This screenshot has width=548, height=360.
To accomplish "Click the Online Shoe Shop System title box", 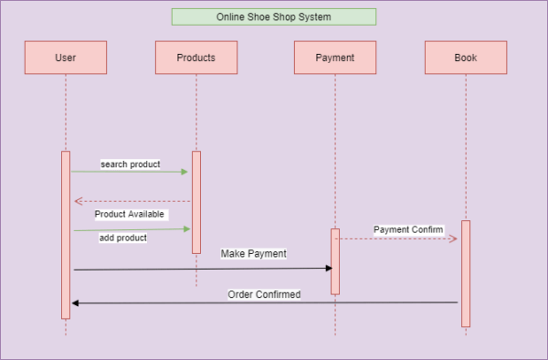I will [x=274, y=16].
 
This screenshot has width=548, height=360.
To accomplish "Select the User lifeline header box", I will [x=66, y=58].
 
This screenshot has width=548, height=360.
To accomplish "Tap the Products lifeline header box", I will [x=195, y=58].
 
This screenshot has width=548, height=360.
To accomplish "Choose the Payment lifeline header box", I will [x=334, y=58].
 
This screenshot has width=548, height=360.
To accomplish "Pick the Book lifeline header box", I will [x=465, y=58].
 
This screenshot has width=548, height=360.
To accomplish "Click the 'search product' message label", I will [x=130, y=164].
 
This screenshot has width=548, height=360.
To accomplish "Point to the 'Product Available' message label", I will [x=129, y=214].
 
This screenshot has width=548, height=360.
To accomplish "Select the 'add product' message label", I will [x=123, y=238].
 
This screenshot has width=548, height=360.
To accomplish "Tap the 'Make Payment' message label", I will [x=253, y=253].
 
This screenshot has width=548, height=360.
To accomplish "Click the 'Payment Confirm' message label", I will [x=408, y=229].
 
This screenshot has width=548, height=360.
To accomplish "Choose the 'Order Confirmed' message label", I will [x=264, y=294].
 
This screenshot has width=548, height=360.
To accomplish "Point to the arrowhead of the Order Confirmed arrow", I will [x=76, y=302].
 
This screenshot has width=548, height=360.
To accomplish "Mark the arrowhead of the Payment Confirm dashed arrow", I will [x=452, y=238].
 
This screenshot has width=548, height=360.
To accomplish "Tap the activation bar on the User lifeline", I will [x=66, y=234].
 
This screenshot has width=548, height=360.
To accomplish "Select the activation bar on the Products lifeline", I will [x=195, y=202].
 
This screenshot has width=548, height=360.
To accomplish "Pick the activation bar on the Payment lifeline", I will [x=334, y=261].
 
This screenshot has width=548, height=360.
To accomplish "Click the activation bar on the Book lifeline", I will [x=465, y=273].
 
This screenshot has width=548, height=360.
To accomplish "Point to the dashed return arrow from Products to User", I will [x=132, y=201].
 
